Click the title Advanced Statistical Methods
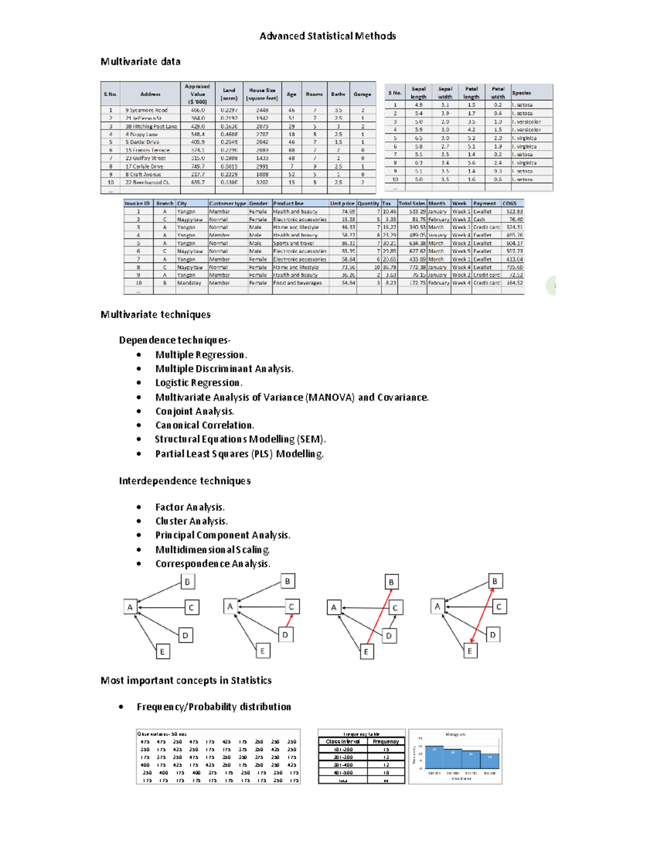(327, 36)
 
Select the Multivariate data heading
(140, 61)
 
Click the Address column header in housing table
(150, 94)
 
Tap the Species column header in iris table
(521, 93)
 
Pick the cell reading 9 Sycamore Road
(146, 110)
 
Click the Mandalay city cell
(189, 283)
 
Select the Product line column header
(288, 203)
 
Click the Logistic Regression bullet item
(198, 383)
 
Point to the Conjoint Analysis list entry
(194, 412)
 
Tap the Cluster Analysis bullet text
(191, 521)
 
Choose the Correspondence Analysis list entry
(212, 564)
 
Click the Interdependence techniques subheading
(185, 481)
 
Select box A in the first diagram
(130, 607)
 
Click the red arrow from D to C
(290, 621)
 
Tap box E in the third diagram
(366, 652)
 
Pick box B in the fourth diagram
(495, 581)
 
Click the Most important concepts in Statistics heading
(186, 681)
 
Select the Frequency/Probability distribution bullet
(214, 707)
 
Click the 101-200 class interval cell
(343, 749)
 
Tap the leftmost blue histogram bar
(435, 756)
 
